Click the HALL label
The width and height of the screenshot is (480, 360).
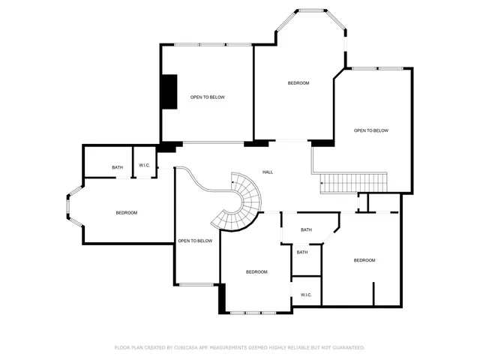tap(268, 172)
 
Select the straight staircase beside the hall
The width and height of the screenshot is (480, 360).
tap(353, 182)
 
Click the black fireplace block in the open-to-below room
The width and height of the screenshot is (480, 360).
tap(169, 91)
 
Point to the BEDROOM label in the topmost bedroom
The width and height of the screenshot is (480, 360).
tap(298, 82)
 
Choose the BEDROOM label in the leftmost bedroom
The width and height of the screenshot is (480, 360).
tap(127, 213)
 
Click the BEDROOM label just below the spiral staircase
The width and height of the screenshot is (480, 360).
tap(256, 271)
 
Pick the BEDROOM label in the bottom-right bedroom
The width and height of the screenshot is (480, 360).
tap(364, 260)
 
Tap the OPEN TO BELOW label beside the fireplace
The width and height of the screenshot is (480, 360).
tap(207, 97)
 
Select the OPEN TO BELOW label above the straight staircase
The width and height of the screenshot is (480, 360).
tap(371, 130)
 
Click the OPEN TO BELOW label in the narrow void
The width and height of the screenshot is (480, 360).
tap(195, 241)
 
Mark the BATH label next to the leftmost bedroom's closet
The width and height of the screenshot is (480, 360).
tap(118, 167)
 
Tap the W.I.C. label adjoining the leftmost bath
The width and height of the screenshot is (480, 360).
tap(144, 166)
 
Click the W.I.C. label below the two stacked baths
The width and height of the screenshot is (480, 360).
tap(306, 295)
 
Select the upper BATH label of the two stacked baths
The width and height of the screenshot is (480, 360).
tap(306, 229)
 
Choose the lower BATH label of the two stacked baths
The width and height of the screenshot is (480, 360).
tap(302, 252)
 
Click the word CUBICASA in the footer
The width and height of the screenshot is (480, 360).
tap(184, 348)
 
